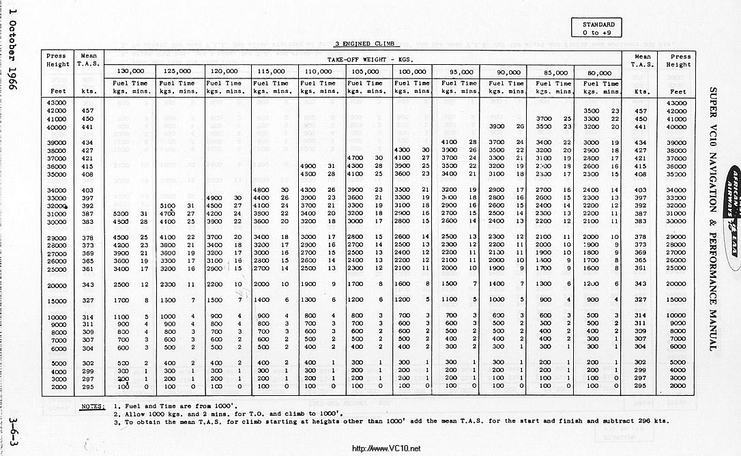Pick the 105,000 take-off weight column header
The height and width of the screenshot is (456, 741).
pos(367,72)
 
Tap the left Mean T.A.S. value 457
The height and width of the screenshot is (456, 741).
pos(87,111)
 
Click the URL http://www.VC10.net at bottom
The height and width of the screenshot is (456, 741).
pos(386,448)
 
